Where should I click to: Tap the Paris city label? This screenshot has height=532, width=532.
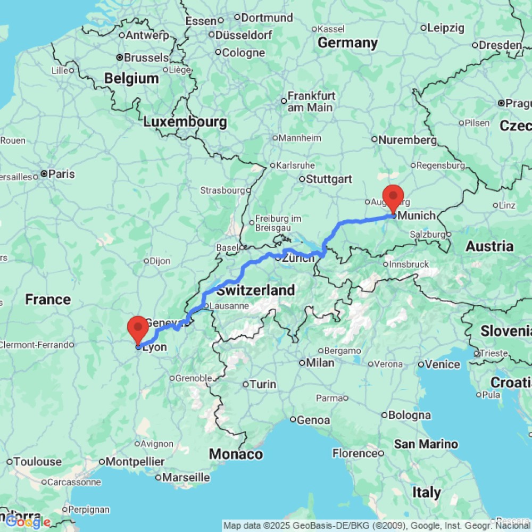tap(61, 174)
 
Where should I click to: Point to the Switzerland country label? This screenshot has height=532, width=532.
tap(255, 290)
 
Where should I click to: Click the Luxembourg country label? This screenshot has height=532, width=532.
tap(185, 122)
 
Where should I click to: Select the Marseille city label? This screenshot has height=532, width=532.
tap(186, 477)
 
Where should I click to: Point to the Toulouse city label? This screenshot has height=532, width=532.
tap(37, 461)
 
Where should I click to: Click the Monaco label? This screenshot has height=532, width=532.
tap(236, 454)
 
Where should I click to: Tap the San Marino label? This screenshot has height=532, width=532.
tap(426, 444)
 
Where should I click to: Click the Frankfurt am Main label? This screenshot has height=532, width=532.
tap(311, 102)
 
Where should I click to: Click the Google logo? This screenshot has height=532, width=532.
tap(28, 522)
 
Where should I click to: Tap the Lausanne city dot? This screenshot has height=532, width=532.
tap(206, 306)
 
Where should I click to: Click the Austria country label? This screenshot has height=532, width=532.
tap(489, 246)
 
